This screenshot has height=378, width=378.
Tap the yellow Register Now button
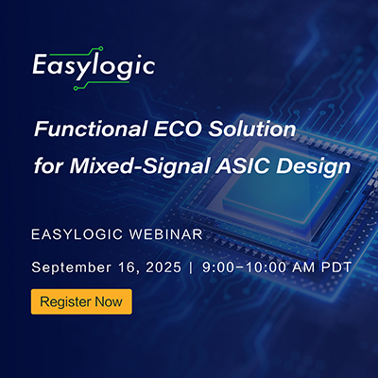[81, 301]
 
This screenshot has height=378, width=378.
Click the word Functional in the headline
[92, 129]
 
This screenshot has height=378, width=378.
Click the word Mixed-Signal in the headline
[140, 166]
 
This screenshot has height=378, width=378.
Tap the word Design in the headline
[314, 167]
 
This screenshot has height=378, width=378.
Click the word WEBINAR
[166, 234]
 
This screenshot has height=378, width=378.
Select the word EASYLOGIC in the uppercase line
[77, 234]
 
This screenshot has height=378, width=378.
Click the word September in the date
[71, 267]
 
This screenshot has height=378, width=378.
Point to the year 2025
[163, 267]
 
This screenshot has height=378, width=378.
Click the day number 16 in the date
[129, 268]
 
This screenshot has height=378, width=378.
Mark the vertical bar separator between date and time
[192, 267]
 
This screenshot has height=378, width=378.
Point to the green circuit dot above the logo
[101, 48]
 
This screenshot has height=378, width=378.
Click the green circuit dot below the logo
[76, 89]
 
